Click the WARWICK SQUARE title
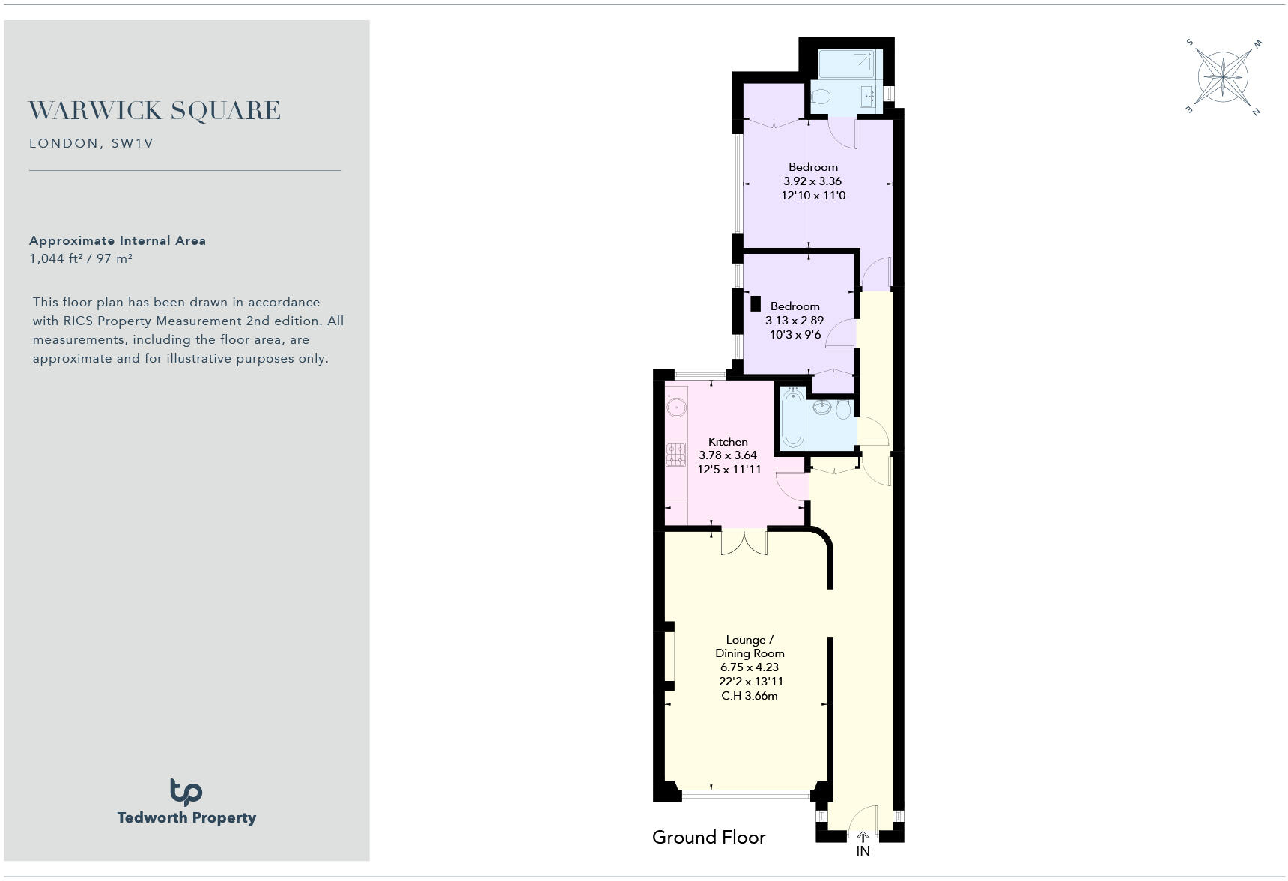point(154,111)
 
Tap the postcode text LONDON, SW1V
point(91,143)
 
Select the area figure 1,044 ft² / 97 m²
point(81,258)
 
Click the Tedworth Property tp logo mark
point(186,792)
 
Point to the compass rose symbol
point(1222,76)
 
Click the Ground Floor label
point(708,837)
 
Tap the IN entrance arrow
point(863,837)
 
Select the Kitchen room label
point(728,442)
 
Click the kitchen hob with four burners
point(676,454)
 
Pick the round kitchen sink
point(677,408)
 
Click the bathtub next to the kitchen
point(792,420)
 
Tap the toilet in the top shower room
point(821,96)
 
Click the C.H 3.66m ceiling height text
point(750,696)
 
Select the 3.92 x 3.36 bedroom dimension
point(812,181)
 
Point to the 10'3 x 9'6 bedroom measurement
point(795,335)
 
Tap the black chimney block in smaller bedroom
point(756,303)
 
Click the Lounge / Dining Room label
point(750,647)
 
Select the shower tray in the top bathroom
point(846,64)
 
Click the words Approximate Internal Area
point(118,240)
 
